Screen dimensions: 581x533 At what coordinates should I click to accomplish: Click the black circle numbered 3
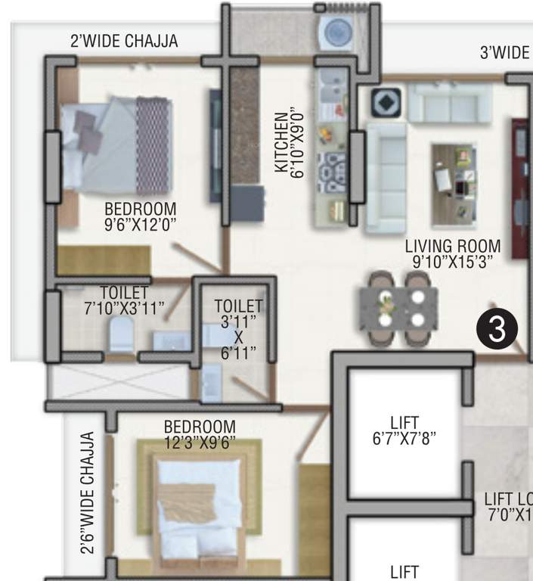pos(497,330)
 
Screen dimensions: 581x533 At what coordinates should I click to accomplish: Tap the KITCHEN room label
pos(280,141)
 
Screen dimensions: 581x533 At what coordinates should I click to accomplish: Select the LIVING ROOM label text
pos(452,246)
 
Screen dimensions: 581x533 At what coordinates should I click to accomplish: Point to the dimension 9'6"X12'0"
pos(141,224)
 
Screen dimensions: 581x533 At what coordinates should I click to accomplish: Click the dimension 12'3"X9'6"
pos(200,441)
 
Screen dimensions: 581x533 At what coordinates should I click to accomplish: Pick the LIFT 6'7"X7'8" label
pos(404,430)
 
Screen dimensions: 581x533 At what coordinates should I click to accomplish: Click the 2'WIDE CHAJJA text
pos(124,42)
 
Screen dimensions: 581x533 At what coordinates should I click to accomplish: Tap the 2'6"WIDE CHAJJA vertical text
pos(88,492)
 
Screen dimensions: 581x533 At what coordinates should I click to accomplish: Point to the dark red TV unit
pos(519,188)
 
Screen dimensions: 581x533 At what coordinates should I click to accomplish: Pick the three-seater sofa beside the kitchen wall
pos(386,176)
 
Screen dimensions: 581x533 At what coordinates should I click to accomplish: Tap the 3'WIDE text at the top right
pos(504,52)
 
